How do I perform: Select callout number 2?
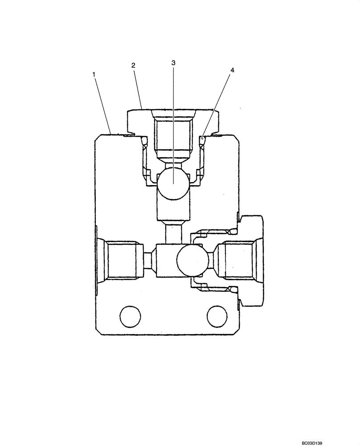click(x=133, y=65)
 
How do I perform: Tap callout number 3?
click(x=173, y=63)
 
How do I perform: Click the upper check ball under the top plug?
click(x=173, y=182)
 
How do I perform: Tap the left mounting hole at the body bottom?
click(x=131, y=317)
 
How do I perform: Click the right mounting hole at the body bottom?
click(x=217, y=317)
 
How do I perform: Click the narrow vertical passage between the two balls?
click(x=173, y=235)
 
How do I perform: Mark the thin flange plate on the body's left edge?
click(x=96, y=260)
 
